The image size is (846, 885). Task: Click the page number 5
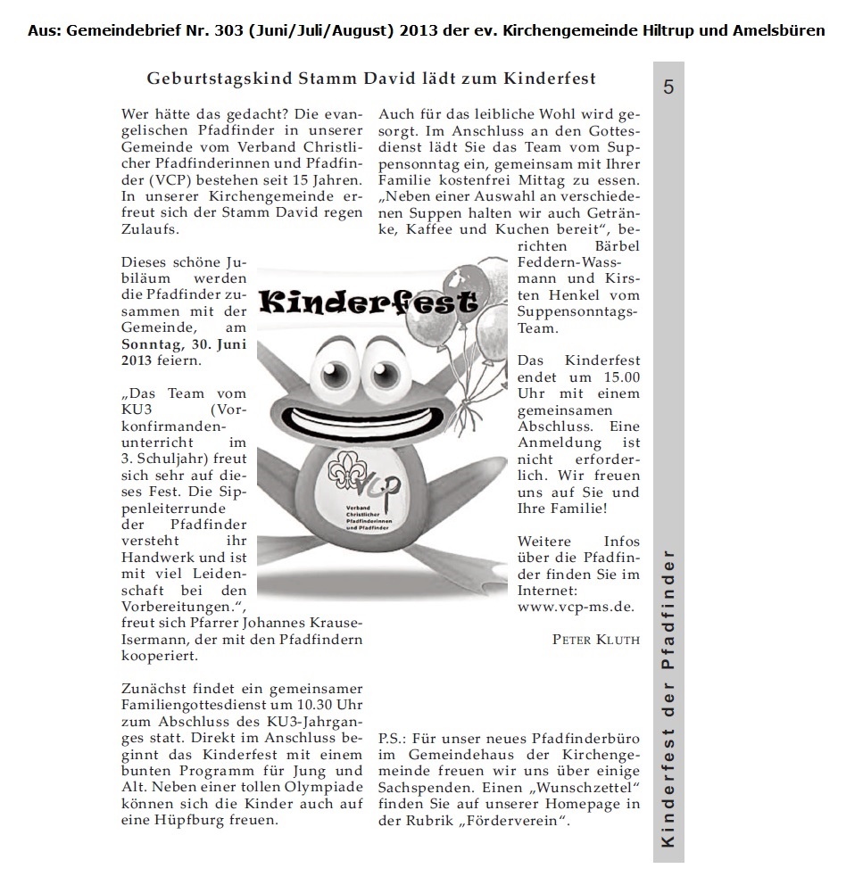[x=668, y=87]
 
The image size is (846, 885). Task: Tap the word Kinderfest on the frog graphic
[x=368, y=303]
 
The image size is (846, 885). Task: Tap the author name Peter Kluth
[x=595, y=639]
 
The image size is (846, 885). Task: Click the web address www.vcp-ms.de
[x=576, y=607]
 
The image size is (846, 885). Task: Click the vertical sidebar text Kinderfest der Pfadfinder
[x=668, y=699]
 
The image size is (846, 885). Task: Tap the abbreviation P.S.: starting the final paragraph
[x=396, y=739]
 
